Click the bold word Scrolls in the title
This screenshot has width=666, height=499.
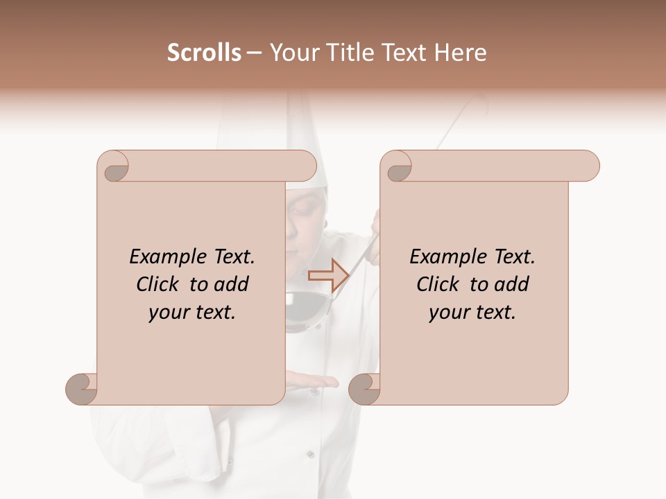tap(204, 53)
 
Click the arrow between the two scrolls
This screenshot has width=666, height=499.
tap(328, 275)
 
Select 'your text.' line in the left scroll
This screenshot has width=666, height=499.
tap(192, 312)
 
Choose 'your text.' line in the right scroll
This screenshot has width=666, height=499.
tap(472, 312)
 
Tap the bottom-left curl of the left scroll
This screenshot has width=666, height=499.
tap(82, 388)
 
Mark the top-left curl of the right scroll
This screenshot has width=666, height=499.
tap(398, 167)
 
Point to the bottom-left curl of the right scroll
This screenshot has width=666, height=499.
tap(364, 388)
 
